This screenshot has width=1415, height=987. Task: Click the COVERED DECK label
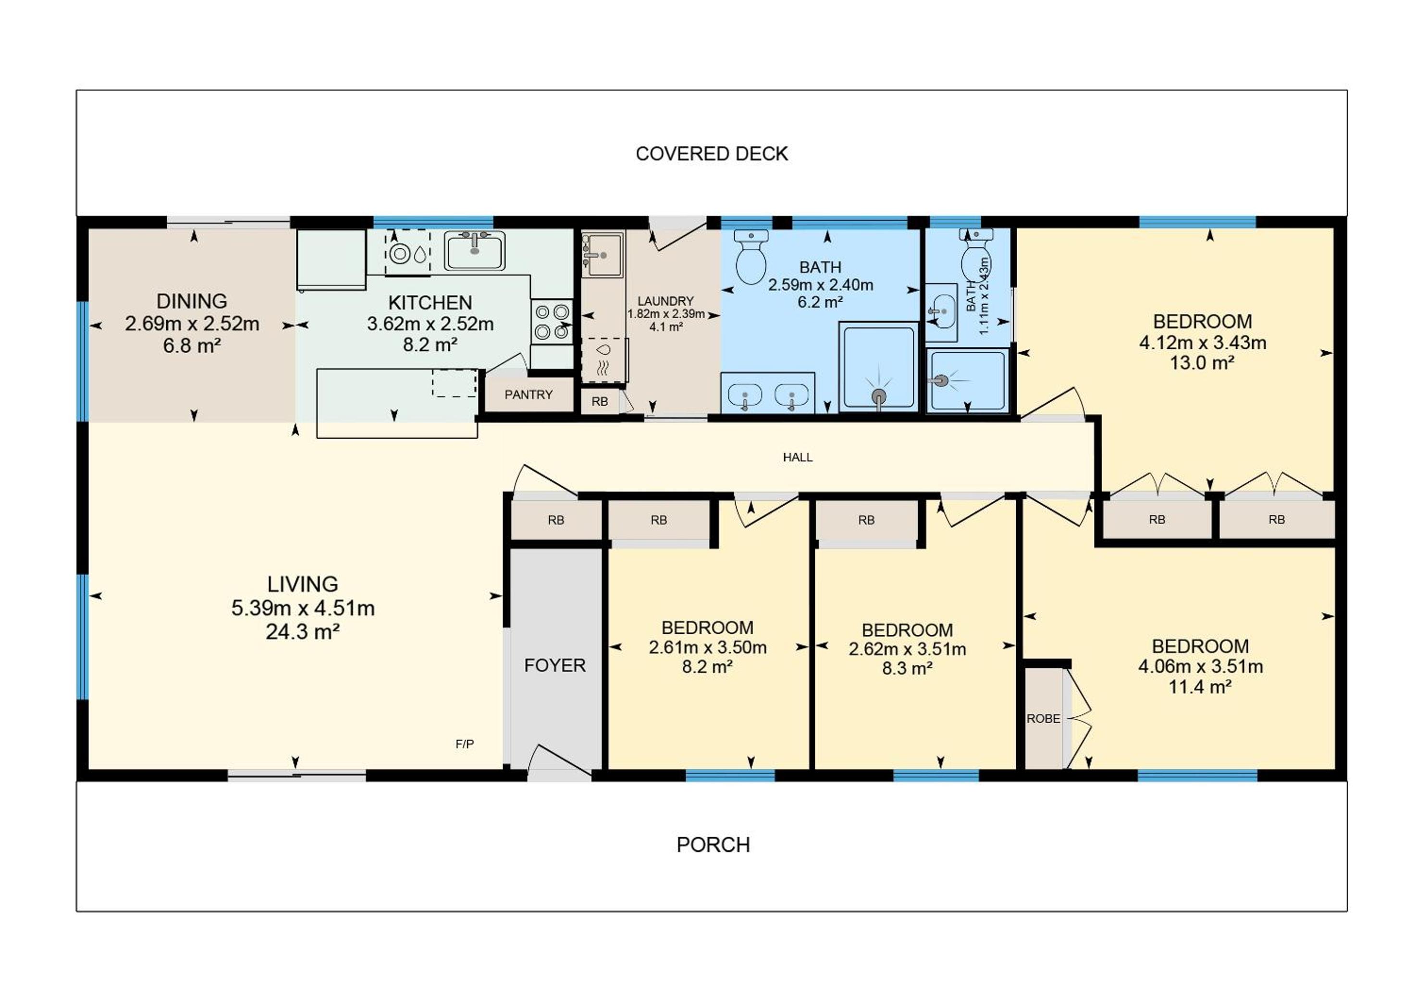(x=711, y=153)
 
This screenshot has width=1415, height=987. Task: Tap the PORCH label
(x=713, y=845)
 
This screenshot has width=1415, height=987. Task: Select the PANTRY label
(x=528, y=395)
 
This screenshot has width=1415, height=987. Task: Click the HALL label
(x=798, y=457)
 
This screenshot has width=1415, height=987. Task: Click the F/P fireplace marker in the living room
(x=465, y=744)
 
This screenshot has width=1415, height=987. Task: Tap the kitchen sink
(x=475, y=250)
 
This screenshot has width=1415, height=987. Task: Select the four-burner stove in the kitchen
(x=552, y=322)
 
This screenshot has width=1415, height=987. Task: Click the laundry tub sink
(x=602, y=254)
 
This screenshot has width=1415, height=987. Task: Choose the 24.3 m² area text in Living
(x=303, y=632)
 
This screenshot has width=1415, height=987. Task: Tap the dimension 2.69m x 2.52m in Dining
(x=192, y=324)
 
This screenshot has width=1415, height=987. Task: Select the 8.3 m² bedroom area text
(x=907, y=668)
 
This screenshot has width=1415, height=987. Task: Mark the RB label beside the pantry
(x=600, y=402)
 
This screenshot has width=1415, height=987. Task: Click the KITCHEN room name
(x=430, y=303)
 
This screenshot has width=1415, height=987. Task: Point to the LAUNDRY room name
(x=665, y=301)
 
